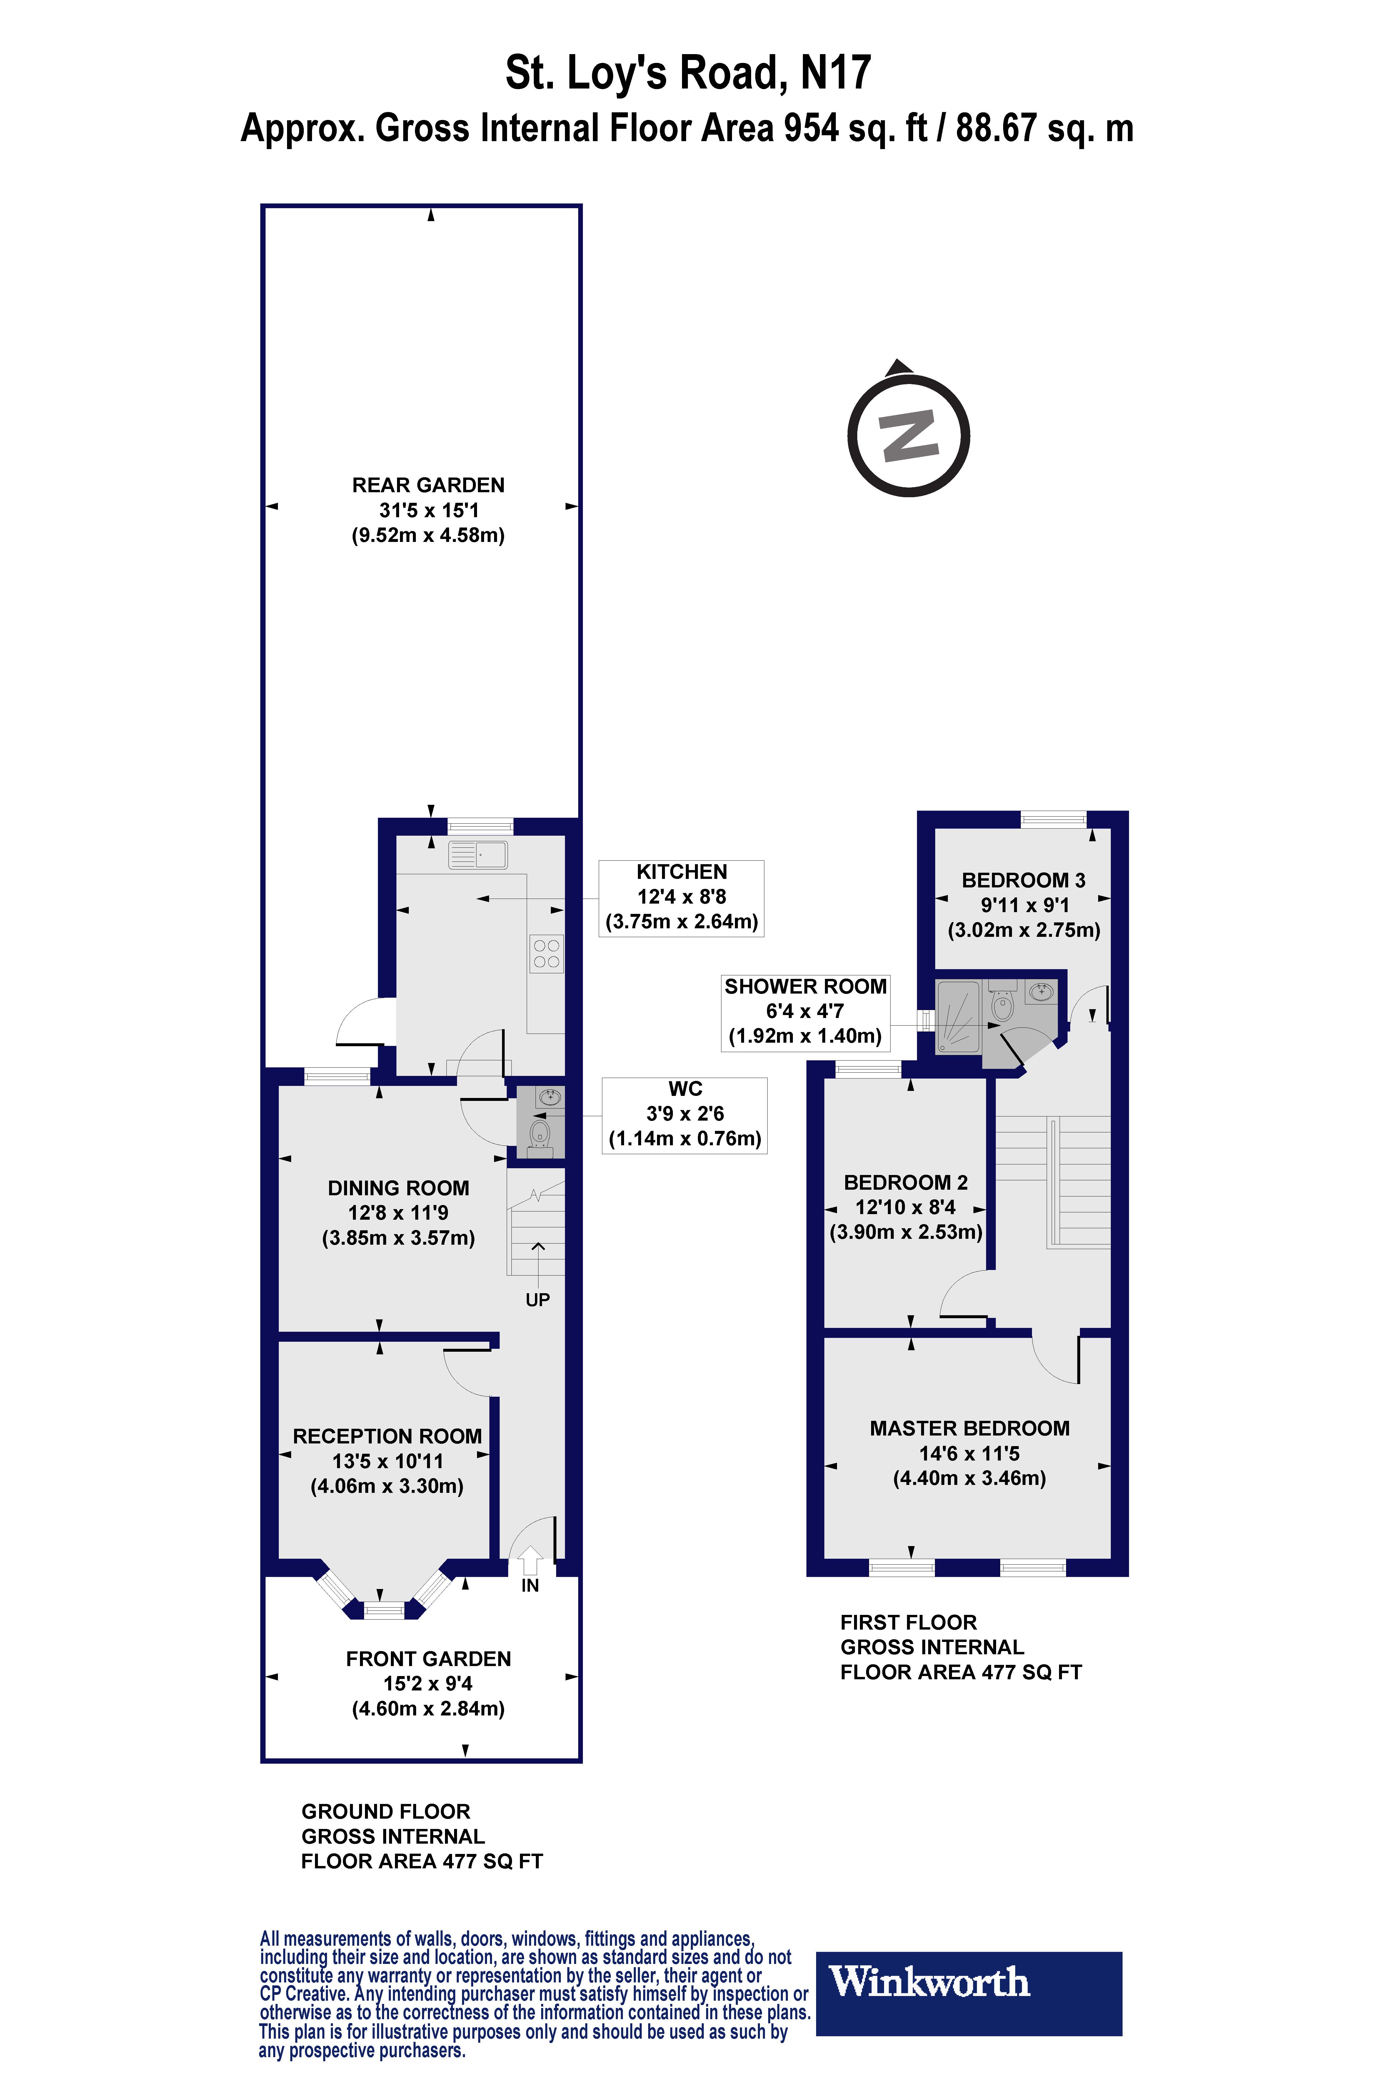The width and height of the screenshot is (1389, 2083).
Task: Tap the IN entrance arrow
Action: [530, 1560]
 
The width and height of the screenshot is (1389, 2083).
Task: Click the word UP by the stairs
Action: [538, 1299]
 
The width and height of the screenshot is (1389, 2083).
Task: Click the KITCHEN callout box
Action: [681, 897]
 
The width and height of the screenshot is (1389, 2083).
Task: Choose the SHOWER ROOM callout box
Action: [805, 1012]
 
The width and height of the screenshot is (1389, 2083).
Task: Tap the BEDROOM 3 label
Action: [1023, 880]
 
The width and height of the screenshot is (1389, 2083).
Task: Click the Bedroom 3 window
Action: [1053, 819]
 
